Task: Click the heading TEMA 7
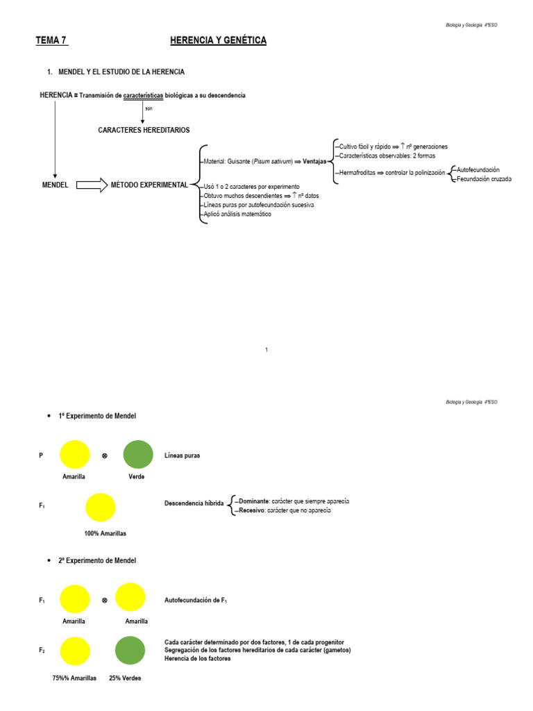click(x=51, y=41)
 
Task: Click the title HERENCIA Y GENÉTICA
click(x=218, y=41)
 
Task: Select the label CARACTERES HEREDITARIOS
click(x=144, y=130)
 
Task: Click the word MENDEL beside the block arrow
click(x=55, y=185)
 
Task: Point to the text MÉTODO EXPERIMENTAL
click(x=149, y=185)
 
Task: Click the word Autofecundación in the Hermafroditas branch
click(x=478, y=170)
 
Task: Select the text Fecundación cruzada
click(x=484, y=179)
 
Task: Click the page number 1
click(x=266, y=350)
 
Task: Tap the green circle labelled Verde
click(x=138, y=455)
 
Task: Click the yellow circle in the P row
click(x=75, y=455)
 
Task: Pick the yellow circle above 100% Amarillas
click(x=101, y=507)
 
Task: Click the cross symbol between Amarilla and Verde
click(x=105, y=455)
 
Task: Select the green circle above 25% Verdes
click(x=130, y=651)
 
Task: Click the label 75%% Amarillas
click(x=74, y=678)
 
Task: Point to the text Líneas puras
click(x=181, y=455)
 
